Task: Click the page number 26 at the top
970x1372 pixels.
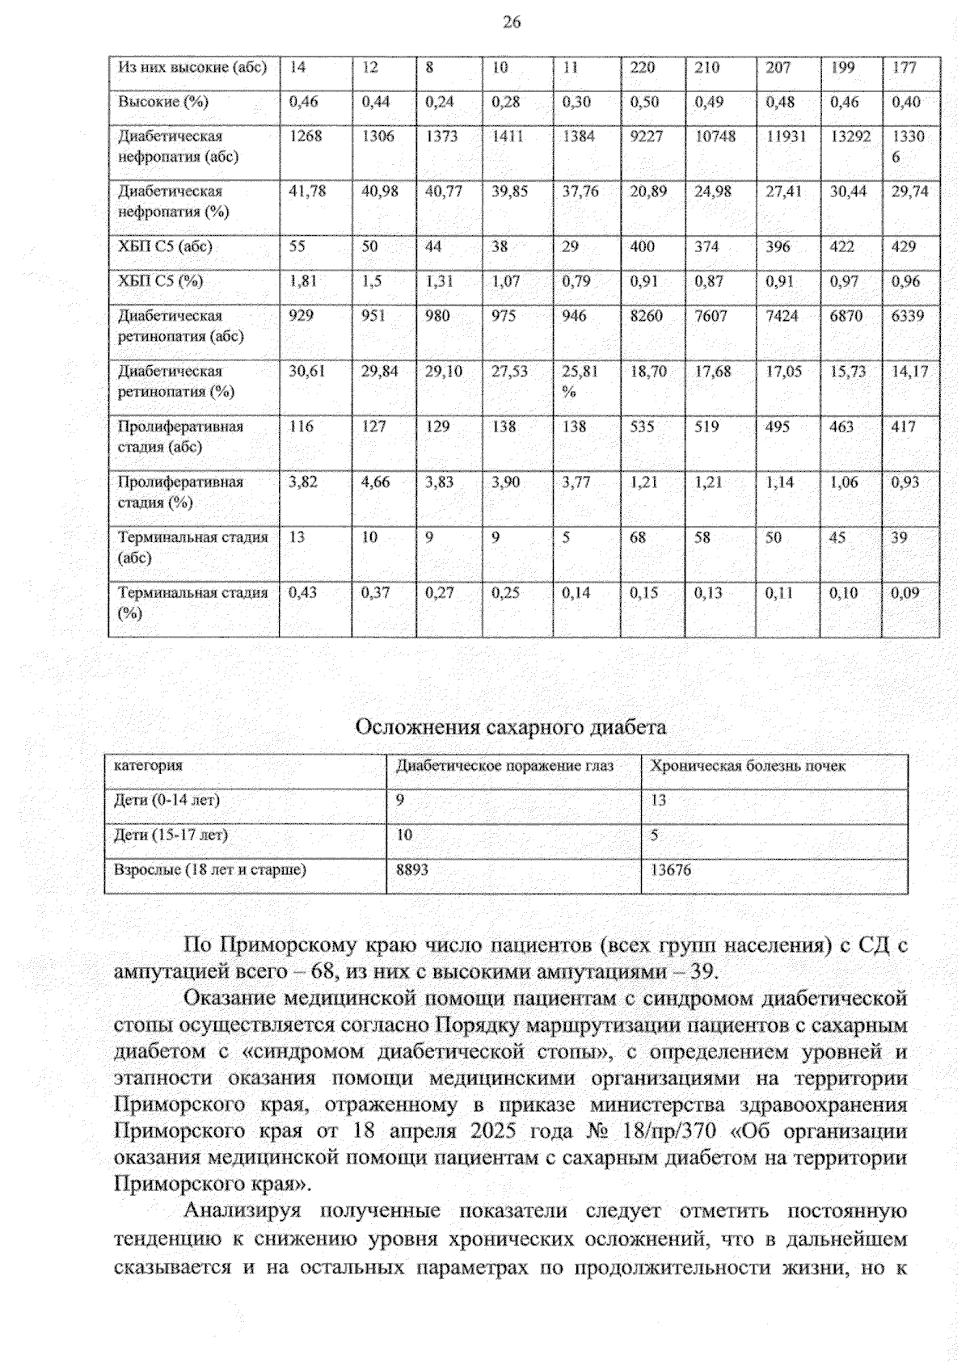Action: (x=511, y=23)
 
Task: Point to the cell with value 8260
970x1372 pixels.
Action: (x=646, y=316)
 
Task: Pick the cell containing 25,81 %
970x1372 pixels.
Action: (x=580, y=381)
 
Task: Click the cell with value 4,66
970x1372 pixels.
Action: (x=375, y=482)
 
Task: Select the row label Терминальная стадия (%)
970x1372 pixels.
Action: (x=192, y=603)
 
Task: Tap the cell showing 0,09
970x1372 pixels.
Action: (x=905, y=593)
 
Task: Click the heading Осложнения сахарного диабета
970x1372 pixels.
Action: (x=511, y=727)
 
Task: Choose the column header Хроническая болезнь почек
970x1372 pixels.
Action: (x=748, y=766)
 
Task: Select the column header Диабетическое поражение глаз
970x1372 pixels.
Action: (x=504, y=766)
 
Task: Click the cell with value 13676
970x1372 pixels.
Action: (x=671, y=870)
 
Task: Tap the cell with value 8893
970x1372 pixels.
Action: (x=411, y=870)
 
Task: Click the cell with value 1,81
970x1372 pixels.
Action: (x=303, y=281)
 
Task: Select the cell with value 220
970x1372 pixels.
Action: (x=643, y=68)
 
